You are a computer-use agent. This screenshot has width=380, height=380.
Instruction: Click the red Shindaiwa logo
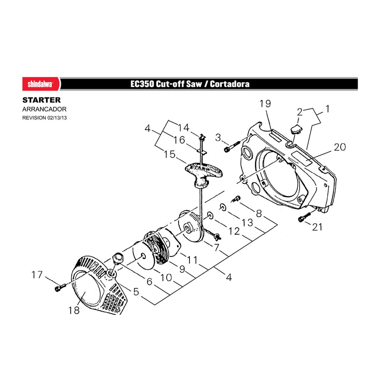(x=41, y=84)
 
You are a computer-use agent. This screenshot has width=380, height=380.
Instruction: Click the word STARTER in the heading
(x=41, y=100)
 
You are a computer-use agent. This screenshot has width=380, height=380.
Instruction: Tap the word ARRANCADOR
(x=44, y=109)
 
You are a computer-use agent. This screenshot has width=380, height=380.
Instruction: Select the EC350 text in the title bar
(x=142, y=84)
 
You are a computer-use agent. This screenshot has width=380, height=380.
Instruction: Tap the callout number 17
(x=37, y=275)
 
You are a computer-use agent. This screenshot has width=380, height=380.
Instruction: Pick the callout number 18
(x=74, y=310)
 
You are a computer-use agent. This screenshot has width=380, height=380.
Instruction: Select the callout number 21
(x=317, y=227)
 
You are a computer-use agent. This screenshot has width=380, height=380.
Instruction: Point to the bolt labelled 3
(x=232, y=147)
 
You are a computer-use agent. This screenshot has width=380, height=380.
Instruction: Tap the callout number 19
(x=265, y=104)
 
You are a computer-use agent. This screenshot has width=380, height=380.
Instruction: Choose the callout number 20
(x=340, y=147)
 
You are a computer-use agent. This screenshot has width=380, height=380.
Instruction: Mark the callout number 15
(x=170, y=154)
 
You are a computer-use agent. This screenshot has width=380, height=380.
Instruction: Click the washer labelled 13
(x=223, y=207)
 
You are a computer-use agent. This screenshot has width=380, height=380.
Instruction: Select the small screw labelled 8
(x=236, y=199)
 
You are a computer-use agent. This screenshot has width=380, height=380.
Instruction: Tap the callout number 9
(x=182, y=269)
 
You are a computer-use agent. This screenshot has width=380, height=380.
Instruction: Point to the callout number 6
(x=149, y=282)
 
